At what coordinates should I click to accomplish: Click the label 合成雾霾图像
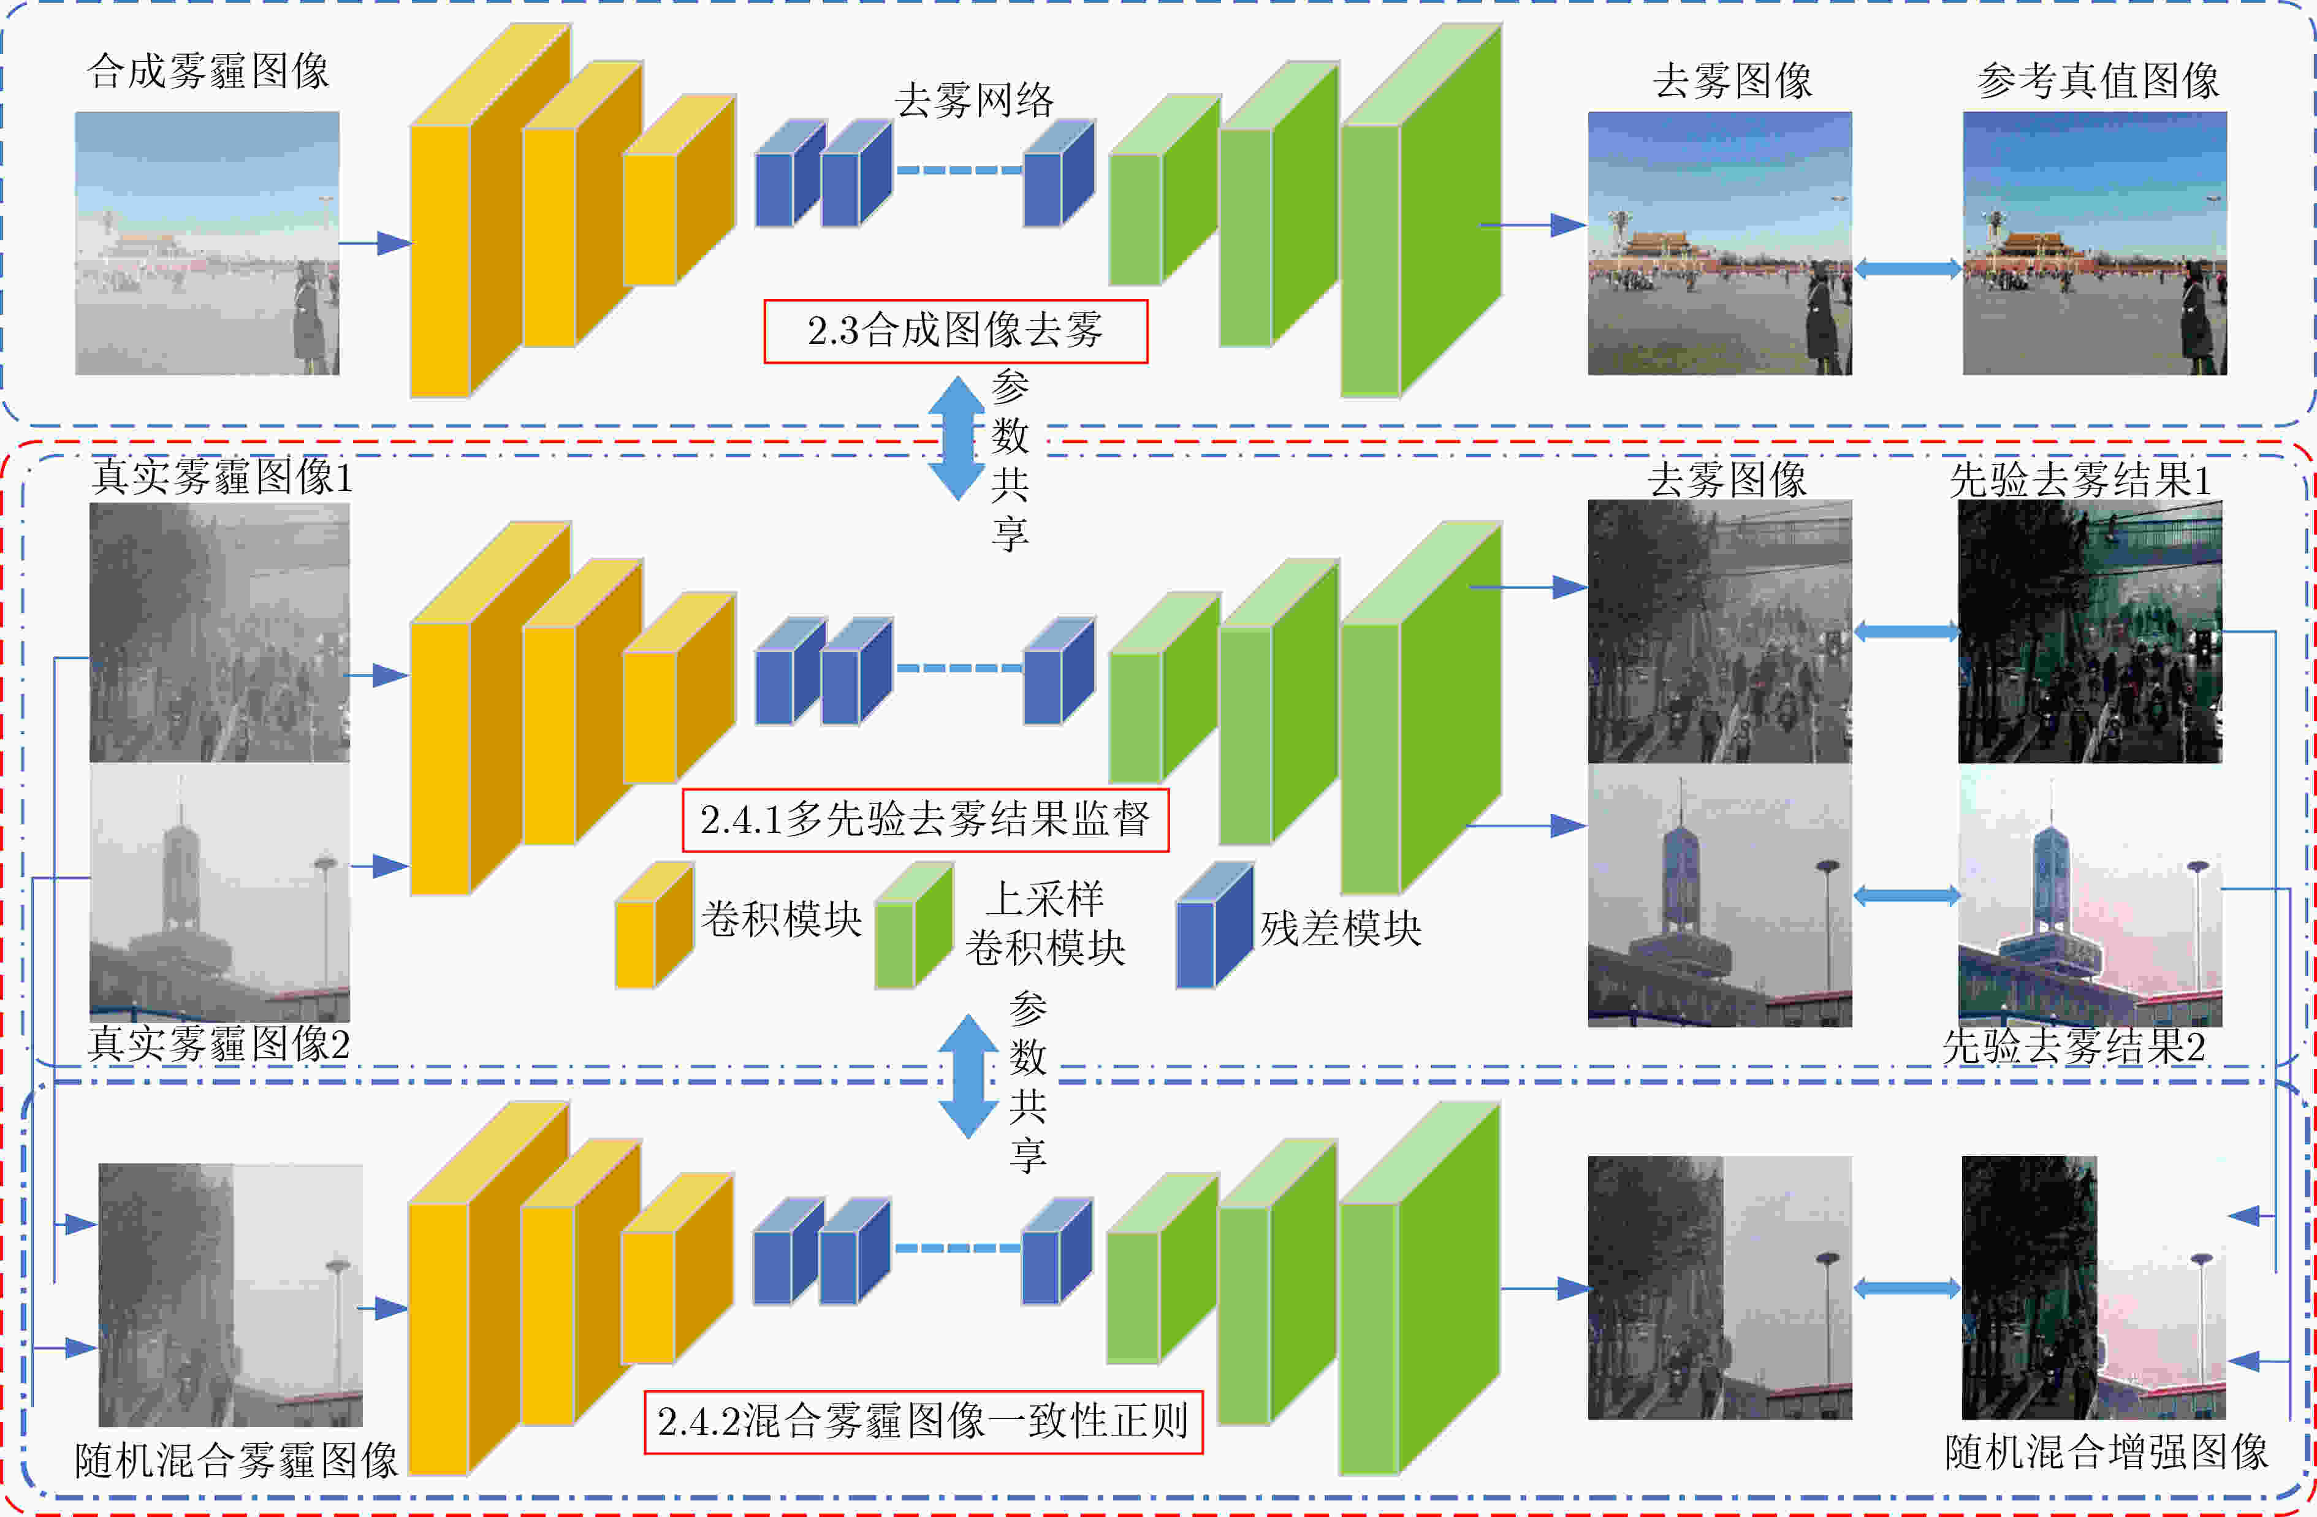[208, 71]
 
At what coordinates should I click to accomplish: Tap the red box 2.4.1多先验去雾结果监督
[925, 820]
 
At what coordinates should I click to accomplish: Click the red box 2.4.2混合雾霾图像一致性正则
[923, 1421]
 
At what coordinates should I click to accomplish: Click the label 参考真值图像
[2098, 80]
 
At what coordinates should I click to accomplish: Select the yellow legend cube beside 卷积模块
[654, 925]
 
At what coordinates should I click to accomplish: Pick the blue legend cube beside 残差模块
[1214, 925]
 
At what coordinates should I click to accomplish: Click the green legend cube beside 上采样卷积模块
[913, 925]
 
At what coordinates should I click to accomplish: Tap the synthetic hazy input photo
[207, 243]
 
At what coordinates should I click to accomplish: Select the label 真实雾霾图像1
[222, 477]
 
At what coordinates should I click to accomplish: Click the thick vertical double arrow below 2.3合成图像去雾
[956, 438]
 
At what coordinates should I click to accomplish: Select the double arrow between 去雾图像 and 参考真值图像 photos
[1907, 268]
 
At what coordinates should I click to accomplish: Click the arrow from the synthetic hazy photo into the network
[376, 243]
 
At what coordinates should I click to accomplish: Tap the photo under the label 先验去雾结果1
[2090, 632]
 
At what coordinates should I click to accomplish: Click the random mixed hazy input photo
[230, 1295]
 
